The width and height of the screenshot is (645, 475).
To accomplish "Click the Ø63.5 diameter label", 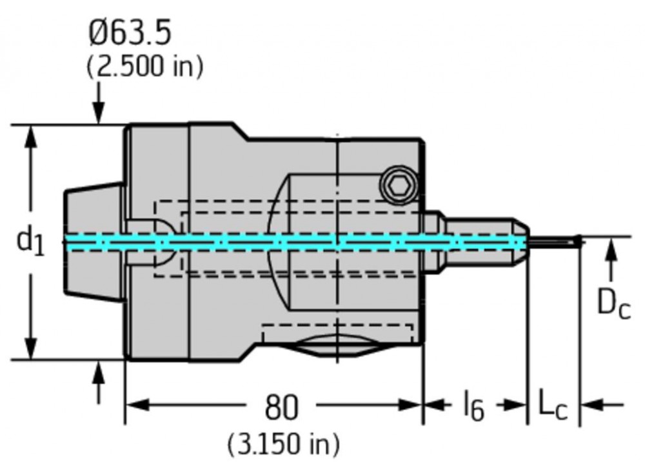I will pos(130,33).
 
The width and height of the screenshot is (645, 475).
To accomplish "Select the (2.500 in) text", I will pos(144,66).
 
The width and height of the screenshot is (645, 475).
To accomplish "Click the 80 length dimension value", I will pos(282,407).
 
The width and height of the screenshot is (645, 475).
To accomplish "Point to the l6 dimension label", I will pos(473,407).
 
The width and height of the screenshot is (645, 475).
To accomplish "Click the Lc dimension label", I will pos(552,407).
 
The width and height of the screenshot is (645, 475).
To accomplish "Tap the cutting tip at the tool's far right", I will pos(577,241).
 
